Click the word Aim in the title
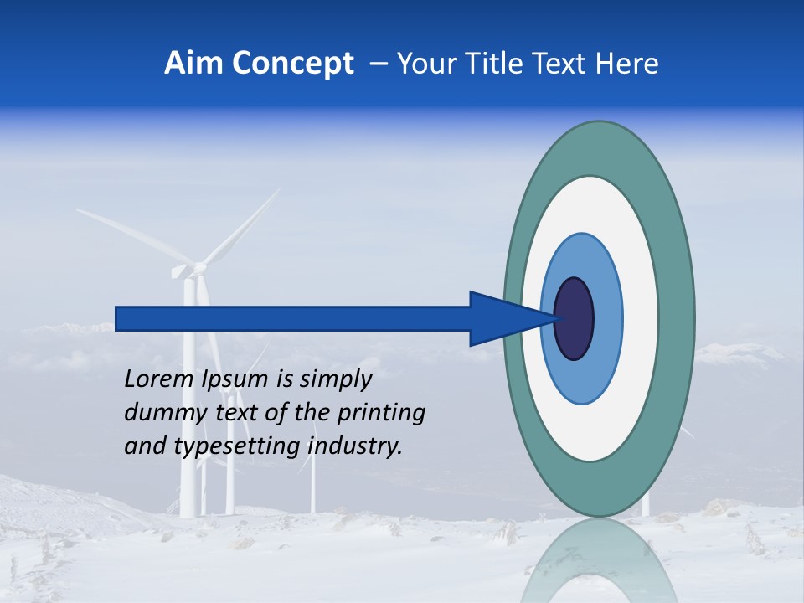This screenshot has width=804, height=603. coord(193,64)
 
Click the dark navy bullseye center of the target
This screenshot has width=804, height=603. coord(575,319)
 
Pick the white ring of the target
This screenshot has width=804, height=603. coord(642,319)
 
